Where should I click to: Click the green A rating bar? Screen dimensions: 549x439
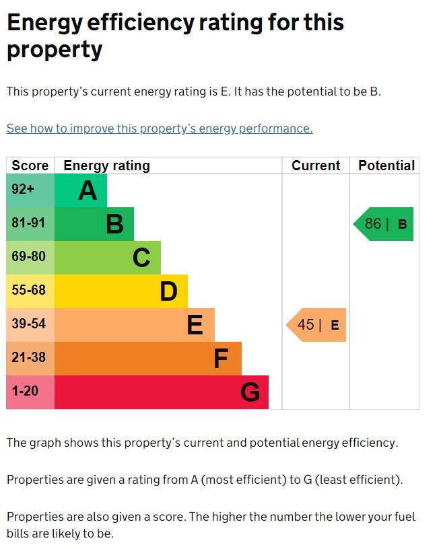point(81,190)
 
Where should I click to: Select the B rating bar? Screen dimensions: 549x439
point(94,224)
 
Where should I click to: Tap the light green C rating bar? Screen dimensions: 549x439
point(108,258)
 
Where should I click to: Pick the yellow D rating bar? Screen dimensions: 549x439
point(121,291)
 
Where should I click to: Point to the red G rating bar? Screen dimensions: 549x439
point(162,392)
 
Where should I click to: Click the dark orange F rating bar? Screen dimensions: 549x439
point(148,359)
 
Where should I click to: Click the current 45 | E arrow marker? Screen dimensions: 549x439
point(317,325)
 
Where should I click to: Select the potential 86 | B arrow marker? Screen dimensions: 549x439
point(384,224)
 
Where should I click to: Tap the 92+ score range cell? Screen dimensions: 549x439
point(30,190)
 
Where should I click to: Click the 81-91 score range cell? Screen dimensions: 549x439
point(30,224)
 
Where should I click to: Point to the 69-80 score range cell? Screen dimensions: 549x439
point(30,258)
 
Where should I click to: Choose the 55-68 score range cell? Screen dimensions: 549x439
point(30,291)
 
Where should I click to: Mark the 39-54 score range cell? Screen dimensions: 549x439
point(30,325)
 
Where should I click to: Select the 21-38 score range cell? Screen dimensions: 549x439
point(30,359)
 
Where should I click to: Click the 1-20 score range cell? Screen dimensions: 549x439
point(30,392)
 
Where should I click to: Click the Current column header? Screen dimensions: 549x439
point(316,166)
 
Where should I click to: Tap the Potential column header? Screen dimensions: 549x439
point(386,166)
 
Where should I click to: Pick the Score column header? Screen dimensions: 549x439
point(30,166)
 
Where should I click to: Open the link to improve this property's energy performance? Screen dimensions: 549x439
point(160,129)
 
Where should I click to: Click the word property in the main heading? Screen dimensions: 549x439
point(55,50)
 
